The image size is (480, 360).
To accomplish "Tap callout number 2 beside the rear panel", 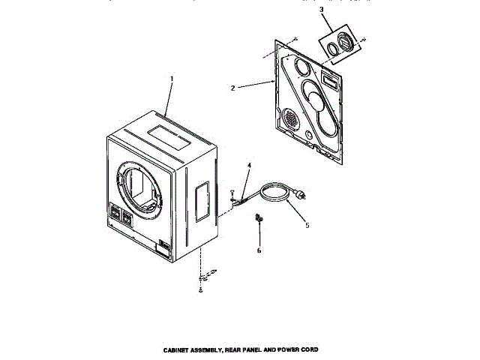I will [233, 88].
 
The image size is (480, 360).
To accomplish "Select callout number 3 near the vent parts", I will [322, 10].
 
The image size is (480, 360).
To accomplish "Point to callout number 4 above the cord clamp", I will [249, 165].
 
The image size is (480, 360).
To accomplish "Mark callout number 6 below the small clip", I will [259, 250].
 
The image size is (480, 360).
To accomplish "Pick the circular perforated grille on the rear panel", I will [290, 118].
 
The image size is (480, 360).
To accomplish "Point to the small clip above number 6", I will [260, 218].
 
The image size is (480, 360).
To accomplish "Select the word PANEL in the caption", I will [253, 351].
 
